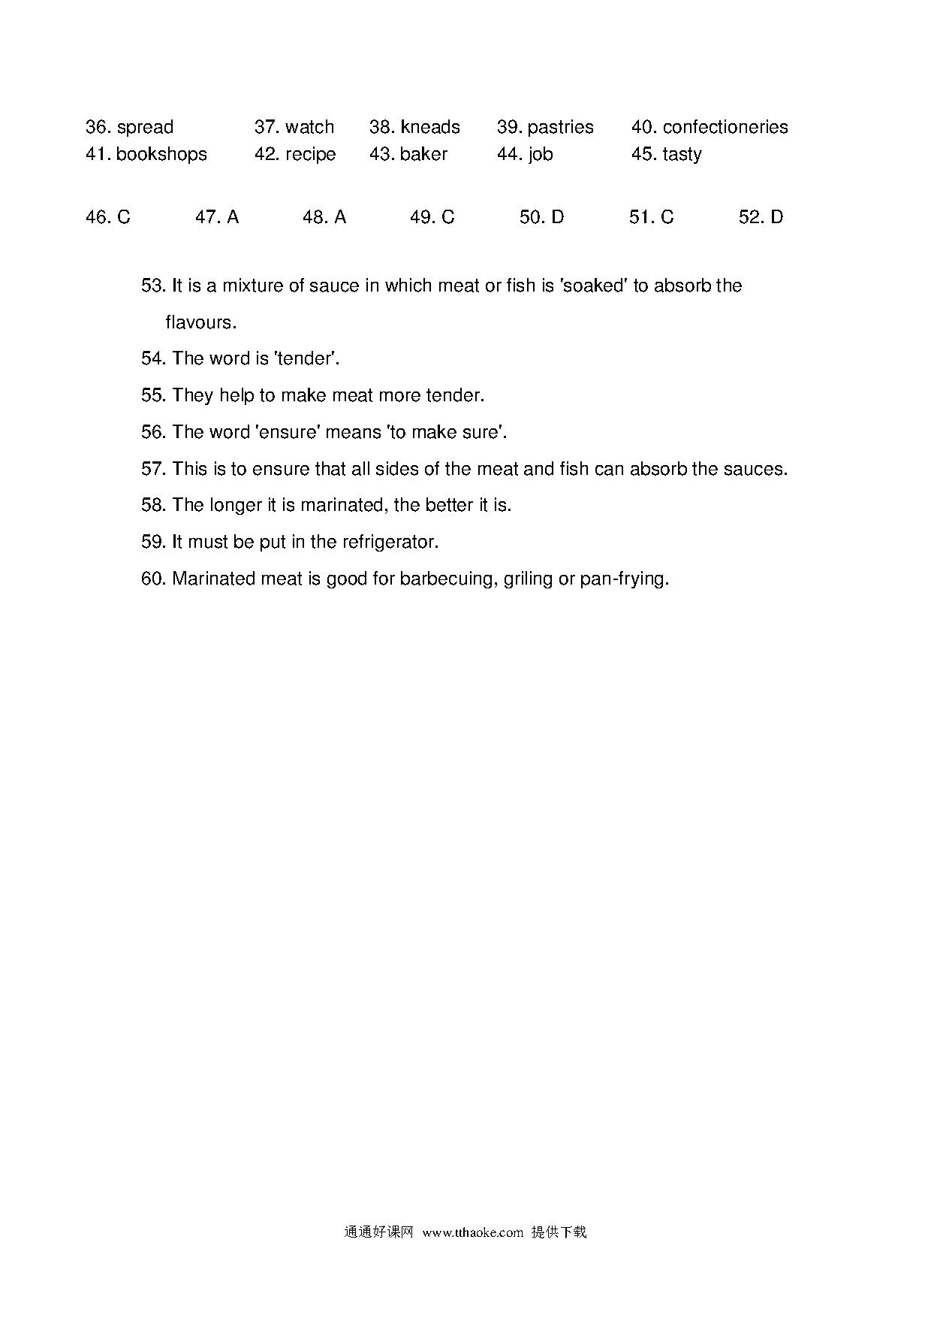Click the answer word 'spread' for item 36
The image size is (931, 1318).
click(x=145, y=127)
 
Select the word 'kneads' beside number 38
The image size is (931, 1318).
click(x=430, y=127)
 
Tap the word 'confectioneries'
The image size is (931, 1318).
click(x=725, y=127)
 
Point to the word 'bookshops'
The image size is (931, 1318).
click(x=161, y=154)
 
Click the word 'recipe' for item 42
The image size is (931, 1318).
click(x=311, y=154)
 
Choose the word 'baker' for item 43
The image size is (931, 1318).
click(x=423, y=154)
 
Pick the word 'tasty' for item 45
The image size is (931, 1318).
click(x=682, y=154)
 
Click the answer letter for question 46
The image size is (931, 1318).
click(x=124, y=217)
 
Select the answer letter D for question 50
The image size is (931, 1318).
click(x=557, y=217)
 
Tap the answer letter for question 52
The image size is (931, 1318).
click(x=776, y=217)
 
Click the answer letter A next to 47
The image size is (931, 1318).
click(x=233, y=217)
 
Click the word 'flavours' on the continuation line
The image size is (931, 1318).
click(x=200, y=322)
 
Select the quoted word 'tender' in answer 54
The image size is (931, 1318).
click(x=305, y=358)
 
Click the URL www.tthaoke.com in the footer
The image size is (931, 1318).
click(x=472, y=1232)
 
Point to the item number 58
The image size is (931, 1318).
click(x=153, y=505)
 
